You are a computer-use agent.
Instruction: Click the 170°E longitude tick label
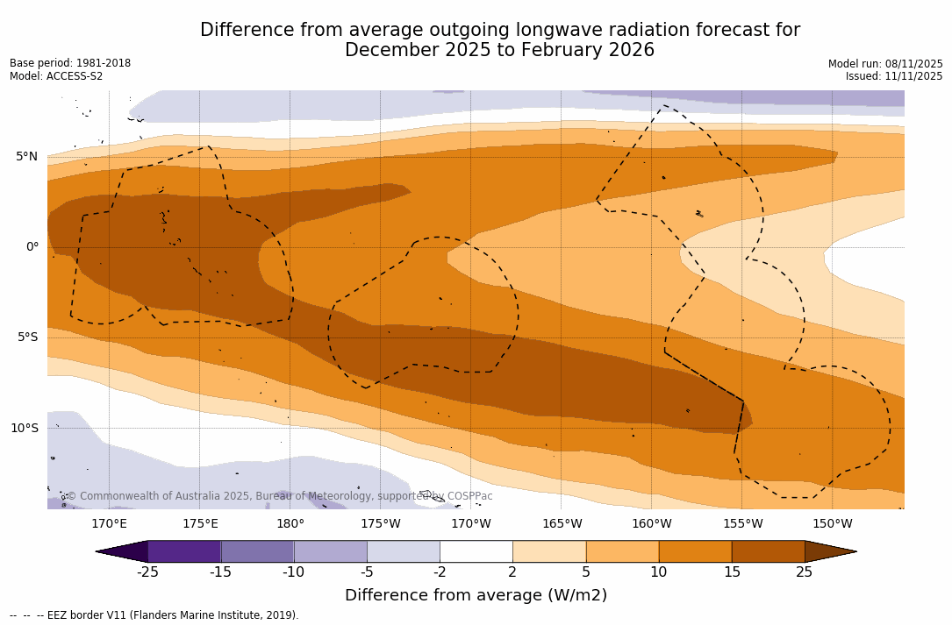click(109, 524)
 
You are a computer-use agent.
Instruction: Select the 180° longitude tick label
click(290, 524)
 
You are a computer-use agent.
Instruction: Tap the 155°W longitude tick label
click(742, 524)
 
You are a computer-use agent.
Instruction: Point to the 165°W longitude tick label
click(562, 524)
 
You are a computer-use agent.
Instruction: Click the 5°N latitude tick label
click(26, 157)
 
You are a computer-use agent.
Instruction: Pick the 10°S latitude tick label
click(24, 429)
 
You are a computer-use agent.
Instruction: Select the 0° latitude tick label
click(32, 247)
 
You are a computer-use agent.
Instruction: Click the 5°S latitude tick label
click(26, 337)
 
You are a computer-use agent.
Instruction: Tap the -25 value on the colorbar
click(147, 572)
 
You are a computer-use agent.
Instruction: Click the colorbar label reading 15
click(732, 572)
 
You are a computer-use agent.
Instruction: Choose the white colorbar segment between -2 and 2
click(476, 551)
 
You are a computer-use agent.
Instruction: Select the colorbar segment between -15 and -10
click(257, 551)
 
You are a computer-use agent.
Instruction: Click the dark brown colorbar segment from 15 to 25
click(768, 551)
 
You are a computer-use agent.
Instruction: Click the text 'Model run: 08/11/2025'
click(885, 64)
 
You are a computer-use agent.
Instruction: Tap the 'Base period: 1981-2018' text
click(70, 63)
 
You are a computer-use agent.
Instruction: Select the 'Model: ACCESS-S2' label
click(56, 76)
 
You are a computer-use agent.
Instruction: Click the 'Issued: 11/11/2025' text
click(894, 76)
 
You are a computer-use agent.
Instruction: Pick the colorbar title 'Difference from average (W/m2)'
click(476, 595)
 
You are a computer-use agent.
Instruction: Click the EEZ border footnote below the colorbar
click(154, 615)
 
